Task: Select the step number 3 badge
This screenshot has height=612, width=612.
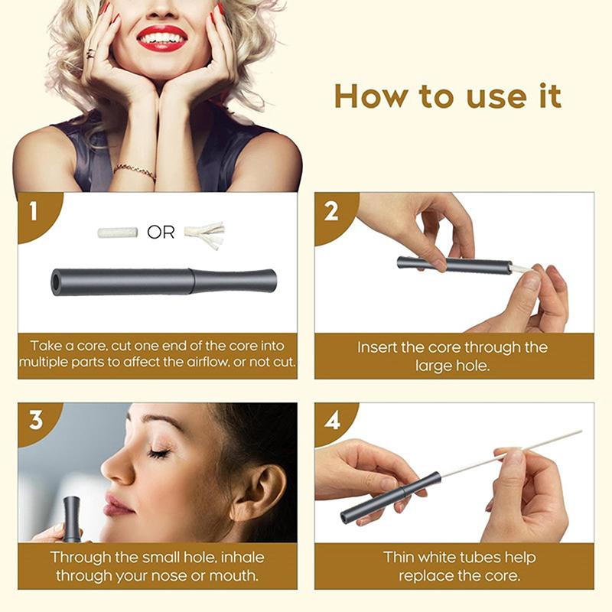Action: coord(35,421)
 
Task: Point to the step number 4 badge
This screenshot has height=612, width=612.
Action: coord(332,422)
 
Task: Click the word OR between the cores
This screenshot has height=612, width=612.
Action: coord(161,233)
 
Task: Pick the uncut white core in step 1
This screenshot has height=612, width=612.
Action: coord(118,233)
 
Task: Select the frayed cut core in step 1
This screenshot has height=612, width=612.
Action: coord(204,233)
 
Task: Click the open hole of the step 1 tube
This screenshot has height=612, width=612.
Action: coord(56,282)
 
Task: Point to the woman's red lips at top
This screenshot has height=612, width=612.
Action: coord(162,39)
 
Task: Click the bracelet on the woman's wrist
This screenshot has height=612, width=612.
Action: coord(135,171)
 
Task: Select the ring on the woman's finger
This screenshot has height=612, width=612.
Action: coord(90,53)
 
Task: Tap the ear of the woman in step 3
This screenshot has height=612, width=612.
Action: coord(258,491)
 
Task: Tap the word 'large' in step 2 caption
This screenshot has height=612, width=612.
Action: coord(433,366)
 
